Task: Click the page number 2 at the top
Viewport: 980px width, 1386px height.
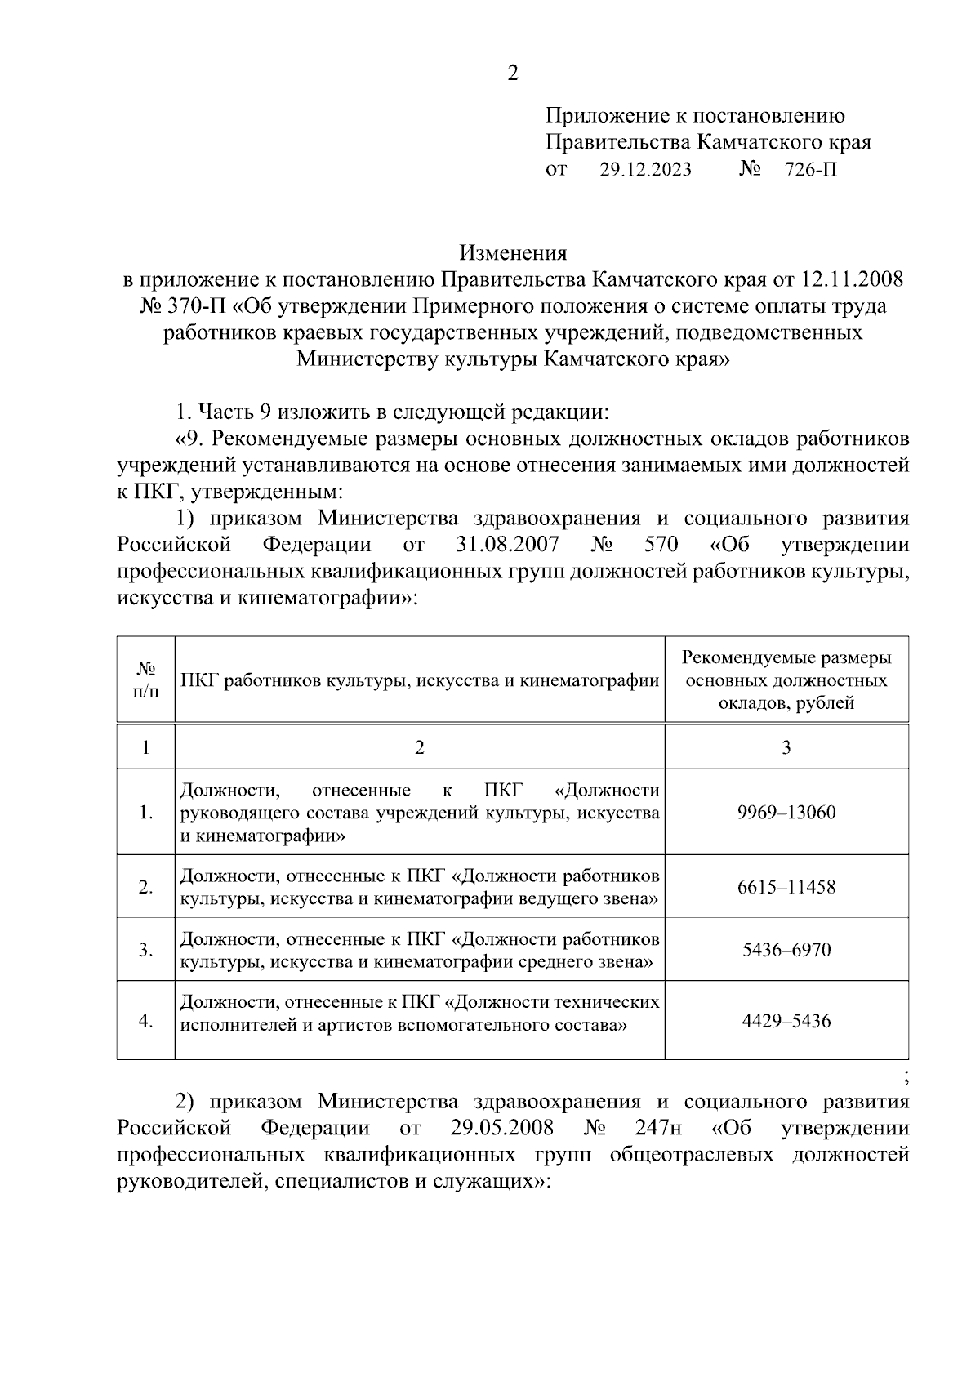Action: coord(512,74)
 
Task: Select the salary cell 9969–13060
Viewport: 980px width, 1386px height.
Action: coord(786,813)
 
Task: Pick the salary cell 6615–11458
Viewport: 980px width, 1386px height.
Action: coord(786,887)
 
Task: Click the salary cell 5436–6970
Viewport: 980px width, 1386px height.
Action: coord(786,950)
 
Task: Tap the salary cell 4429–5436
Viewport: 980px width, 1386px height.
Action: coord(786,1021)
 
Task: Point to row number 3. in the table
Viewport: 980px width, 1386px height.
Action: coord(145,950)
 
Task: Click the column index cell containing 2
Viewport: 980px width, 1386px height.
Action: coord(419,747)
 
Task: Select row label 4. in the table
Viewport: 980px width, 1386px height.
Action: coord(145,1021)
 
